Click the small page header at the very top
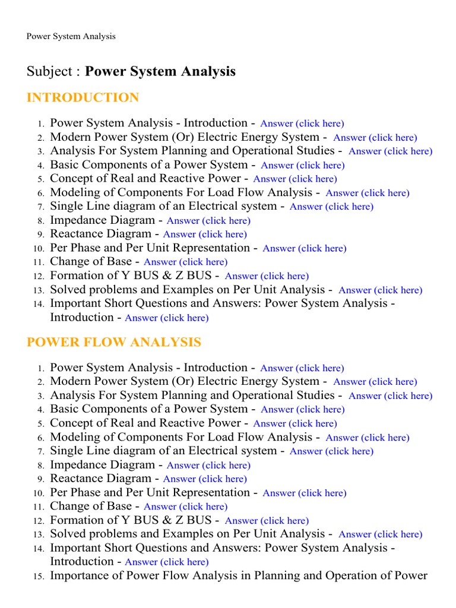pos(71,36)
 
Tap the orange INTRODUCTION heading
pos(83,98)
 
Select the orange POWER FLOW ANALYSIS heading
pos(114,343)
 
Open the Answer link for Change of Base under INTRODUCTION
pos(185,262)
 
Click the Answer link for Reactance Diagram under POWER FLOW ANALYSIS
pos(205,479)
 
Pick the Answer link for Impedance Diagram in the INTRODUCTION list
pos(208,221)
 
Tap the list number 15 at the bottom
pos(39,577)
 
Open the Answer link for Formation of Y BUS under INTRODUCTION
pos(267,276)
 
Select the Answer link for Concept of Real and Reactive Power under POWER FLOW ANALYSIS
pos(294,424)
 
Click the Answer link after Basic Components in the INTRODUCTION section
pos(302,166)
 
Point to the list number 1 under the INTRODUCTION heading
pos(40,124)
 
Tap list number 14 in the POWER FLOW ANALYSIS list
pos(39,549)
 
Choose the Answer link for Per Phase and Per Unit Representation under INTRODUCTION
pos(304,249)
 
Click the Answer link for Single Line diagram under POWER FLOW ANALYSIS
pos(331,451)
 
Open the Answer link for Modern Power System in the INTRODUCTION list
pos(375,138)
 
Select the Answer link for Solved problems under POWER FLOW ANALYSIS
pos(380,534)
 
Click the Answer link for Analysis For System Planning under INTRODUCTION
pos(390,151)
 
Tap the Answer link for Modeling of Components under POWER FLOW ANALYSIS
pos(368,438)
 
